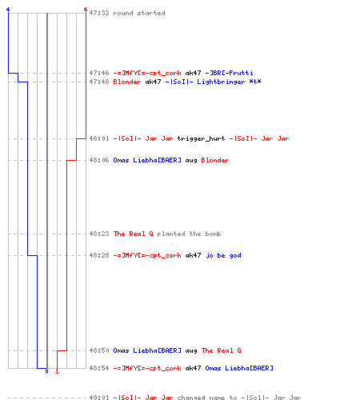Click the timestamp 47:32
[x=99, y=13]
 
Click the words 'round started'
[x=139, y=13]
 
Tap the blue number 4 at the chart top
[x=8, y=10]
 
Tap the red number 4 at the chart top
[x=86, y=10]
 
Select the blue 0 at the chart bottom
[x=46, y=371]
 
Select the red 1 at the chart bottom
[x=57, y=371]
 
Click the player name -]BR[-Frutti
[x=229, y=73]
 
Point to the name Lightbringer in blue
[x=221, y=82]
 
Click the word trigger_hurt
[x=201, y=138]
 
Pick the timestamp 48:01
[x=99, y=138]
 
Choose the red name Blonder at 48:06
[x=215, y=160]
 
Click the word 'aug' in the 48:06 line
[x=191, y=161]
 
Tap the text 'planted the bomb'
[x=189, y=234]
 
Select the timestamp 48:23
[x=99, y=234]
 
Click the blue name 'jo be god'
[x=223, y=255]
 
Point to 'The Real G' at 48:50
[x=221, y=350]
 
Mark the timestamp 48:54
[x=99, y=368]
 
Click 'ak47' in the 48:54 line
[x=193, y=368]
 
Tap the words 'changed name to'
[x=207, y=398]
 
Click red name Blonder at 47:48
[x=127, y=82]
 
